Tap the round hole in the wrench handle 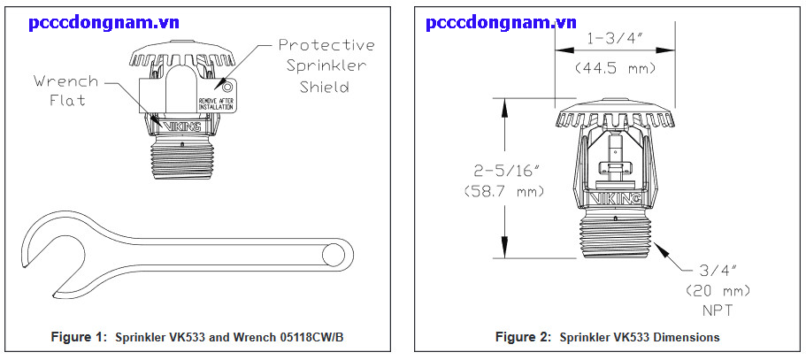334,257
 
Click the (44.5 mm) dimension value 614,66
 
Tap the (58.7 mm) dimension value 503,190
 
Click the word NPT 717,310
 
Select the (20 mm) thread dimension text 717,291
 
